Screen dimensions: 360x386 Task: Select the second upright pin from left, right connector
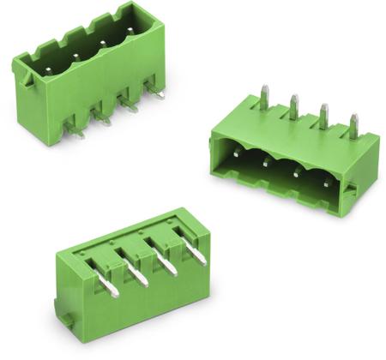[x=294, y=105]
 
